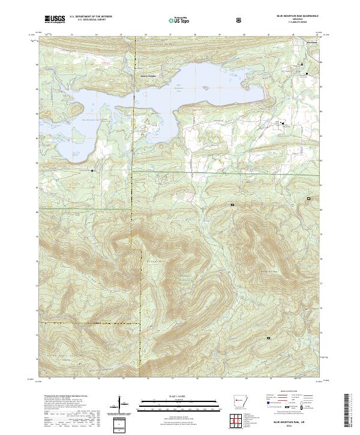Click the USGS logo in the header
tap(55, 19)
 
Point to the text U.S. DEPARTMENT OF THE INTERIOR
tap(91, 17)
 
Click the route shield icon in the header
tap(239, 20)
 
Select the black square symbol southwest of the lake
tap(92, 170)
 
